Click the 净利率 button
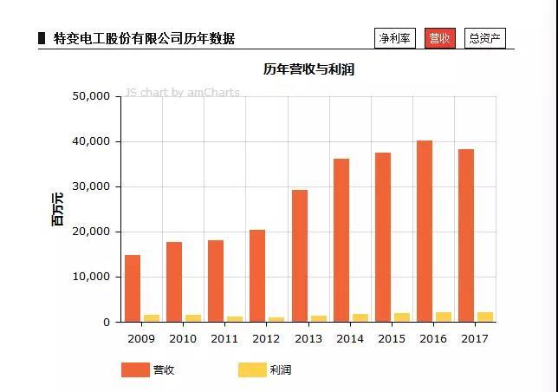395,38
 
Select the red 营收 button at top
439,38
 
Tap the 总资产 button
484,38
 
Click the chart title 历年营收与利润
308,69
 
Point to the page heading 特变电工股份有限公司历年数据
144,38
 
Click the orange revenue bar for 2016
425,231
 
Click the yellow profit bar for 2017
485,317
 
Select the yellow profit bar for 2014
360,317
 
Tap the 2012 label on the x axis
266,338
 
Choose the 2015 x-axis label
392,338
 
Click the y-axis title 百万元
58,209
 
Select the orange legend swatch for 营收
135,370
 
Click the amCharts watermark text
183,93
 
